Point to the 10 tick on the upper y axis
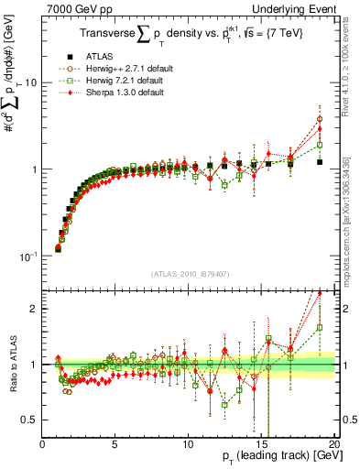[x=31, y=82]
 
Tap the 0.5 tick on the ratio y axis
[x=31, y=420]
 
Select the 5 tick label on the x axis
[x=115, y=444]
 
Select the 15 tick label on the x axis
[x=259, y=444]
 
